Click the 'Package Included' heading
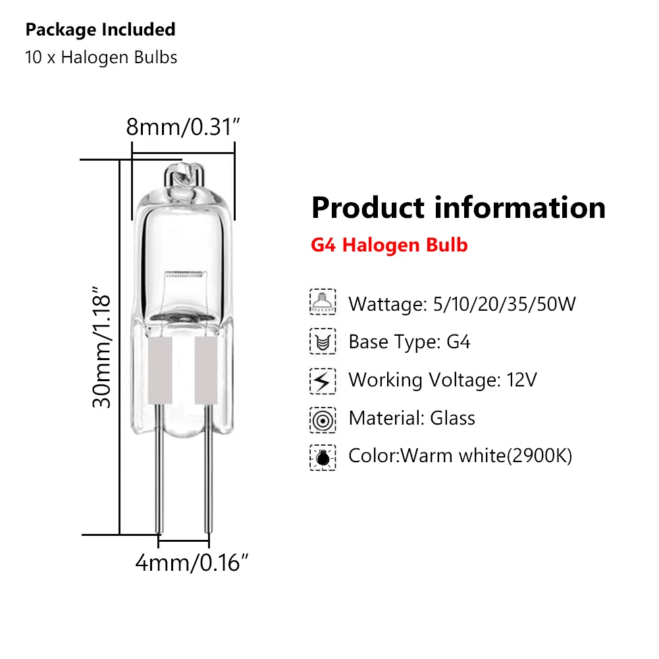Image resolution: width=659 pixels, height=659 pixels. tap(100, 30)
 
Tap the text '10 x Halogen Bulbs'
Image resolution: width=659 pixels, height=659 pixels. tap(101, 57)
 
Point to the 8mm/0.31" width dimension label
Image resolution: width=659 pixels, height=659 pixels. tap(181, 126)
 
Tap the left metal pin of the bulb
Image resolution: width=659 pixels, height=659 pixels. tap(159, 487)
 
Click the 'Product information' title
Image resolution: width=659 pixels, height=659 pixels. tap(458, 207)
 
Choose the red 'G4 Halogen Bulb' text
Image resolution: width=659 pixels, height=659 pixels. tap(389, 246)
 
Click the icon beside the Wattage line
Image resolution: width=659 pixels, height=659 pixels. tap(323, 303)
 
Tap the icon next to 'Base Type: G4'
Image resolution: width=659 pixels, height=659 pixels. tap(323, 342)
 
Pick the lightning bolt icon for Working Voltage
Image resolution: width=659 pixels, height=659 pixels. tap(323, 380)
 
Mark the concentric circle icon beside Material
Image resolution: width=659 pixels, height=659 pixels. tap(323, 418)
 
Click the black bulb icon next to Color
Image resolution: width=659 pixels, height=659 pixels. tap(323, 456)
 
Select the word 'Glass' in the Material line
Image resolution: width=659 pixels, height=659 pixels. tap(452, 418)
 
